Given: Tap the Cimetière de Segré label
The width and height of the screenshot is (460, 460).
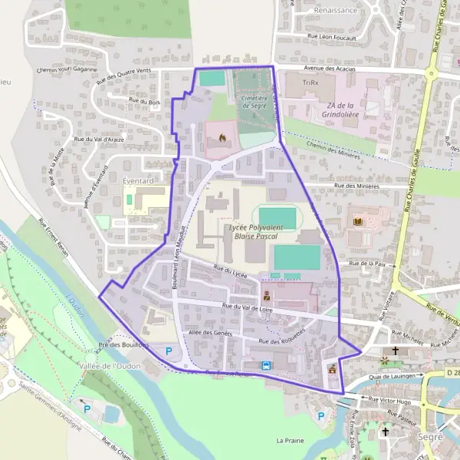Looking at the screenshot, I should point(253,102).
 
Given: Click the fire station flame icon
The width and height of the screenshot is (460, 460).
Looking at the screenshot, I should point(222,138).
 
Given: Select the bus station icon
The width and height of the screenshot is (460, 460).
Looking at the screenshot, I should point(265,366).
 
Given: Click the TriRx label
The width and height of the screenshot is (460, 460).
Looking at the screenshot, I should point(309,83).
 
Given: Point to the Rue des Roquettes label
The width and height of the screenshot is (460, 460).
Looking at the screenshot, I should point(282,337).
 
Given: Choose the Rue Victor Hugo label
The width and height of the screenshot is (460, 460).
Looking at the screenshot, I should point(389,399).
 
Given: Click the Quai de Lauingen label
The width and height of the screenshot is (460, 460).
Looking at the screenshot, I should point(396,376).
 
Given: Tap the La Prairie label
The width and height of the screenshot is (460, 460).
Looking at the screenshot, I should point(291,441).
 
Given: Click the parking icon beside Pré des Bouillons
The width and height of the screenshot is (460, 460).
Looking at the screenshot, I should point(169,351).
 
